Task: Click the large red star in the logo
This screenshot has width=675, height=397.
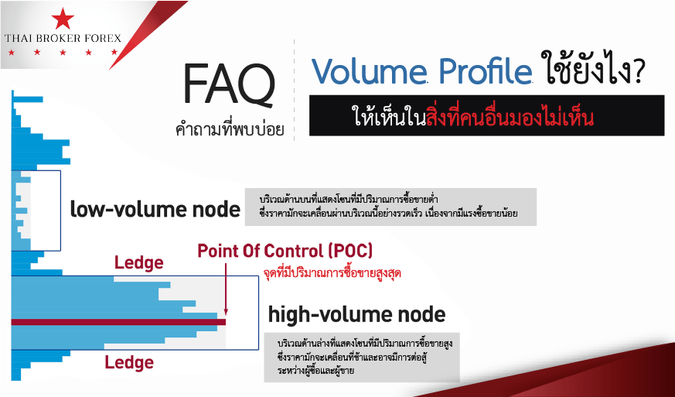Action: coord(63,19)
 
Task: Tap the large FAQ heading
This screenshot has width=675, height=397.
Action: coord(229,85)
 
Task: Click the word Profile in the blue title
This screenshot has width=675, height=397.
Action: coord(486,70)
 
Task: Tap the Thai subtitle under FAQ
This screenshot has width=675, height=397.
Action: coord(230,130)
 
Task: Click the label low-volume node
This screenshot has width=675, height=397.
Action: coord(155,210)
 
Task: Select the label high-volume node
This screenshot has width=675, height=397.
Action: coord(356,314)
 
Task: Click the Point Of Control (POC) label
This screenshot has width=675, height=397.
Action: coord(285,251)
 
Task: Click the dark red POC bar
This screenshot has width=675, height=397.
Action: coord(118,322)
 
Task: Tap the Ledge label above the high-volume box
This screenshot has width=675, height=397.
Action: coord(138,263)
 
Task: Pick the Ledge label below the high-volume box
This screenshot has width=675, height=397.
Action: coord(129,362)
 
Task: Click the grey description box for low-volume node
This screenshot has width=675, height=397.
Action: coord(391,207)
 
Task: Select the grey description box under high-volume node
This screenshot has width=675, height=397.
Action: coord(362,357)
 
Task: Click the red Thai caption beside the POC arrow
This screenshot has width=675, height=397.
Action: coord(332,274)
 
